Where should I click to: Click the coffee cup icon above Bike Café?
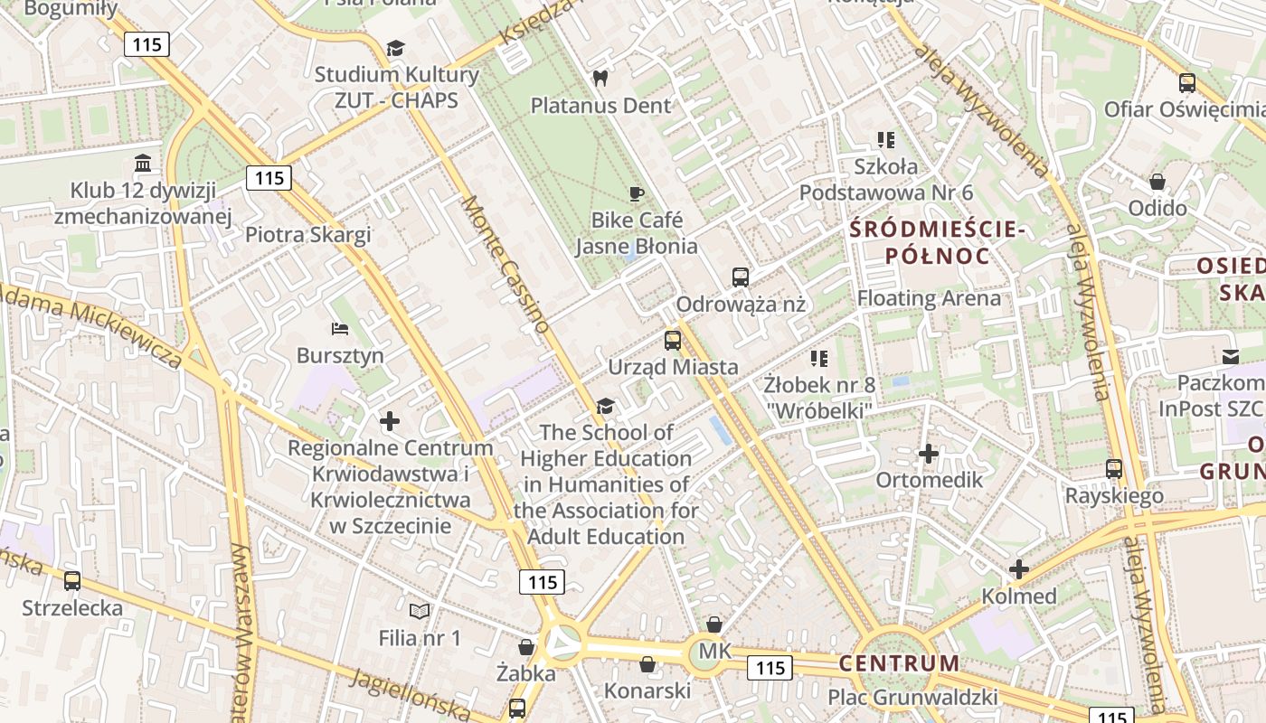pos(636,193)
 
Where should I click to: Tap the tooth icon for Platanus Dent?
pos(599,79)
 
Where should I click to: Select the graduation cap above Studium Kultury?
pos(395,48)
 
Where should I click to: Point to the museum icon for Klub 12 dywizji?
pos(143,164)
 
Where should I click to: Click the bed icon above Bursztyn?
pos(340,328)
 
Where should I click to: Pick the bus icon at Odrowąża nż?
pos(741,277)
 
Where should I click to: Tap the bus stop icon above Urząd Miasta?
pos(673,341)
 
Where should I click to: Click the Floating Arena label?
pos(929,298)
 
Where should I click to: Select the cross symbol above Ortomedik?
pos(929,454)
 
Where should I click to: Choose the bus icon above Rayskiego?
pos(1114,469)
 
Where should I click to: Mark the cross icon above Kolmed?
pos(1019,569)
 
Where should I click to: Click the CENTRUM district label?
pos(899,663)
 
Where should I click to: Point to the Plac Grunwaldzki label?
pos(912,698)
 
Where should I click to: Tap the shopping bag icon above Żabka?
pos(526,647)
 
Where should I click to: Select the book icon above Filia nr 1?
pos(420,612)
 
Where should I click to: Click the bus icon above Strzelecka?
pos(72,581)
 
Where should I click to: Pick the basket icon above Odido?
pos(1157,182)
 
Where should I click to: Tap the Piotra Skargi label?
pos(308,235)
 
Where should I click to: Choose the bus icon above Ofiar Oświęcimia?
pos(1187,83)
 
